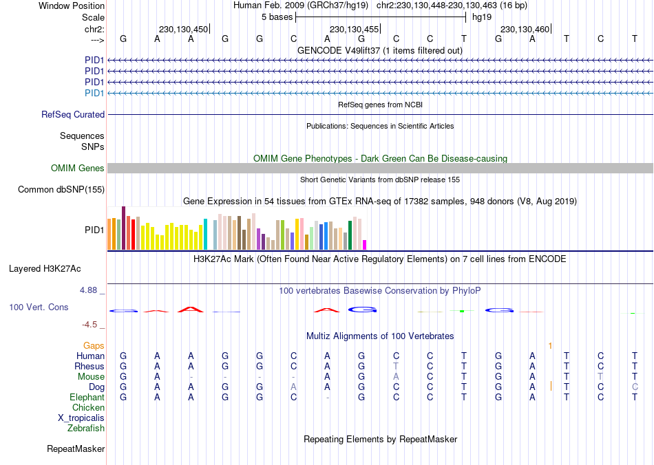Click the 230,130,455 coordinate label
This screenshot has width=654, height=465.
click(354, 29)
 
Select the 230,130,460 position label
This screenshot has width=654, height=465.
click(525, 29)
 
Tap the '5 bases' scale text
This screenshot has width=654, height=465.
click(277, 17)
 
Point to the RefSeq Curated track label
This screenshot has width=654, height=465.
click(73, 115)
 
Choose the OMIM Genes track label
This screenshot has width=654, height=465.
click(78, 168)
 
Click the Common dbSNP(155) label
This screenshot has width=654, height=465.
click(61, 189)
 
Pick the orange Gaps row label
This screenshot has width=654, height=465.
click(94, 345)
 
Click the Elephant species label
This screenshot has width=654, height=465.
click(87, 397)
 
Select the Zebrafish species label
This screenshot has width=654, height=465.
click(86, 428)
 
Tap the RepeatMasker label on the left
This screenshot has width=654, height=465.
click(76, 449)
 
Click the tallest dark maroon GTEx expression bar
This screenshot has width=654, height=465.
click(123, 228)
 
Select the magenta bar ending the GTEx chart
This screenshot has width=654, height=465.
click(364, 245)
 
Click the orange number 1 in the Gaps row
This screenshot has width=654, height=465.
click(550, 345)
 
